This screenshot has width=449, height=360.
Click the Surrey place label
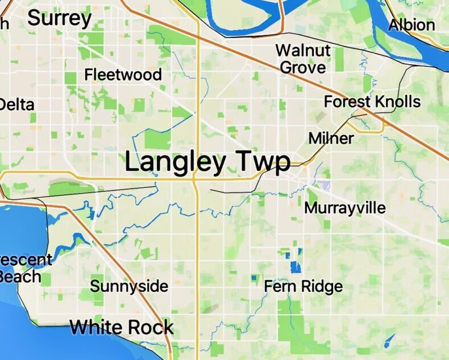[59, 18]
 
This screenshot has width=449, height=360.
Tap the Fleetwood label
[123, 74]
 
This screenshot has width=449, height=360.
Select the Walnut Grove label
[303, 58]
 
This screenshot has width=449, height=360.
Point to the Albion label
[412, 25]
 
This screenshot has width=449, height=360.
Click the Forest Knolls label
[372, 102]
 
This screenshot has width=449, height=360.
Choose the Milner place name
[331, 138]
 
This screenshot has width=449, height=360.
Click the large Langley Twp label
[207, 162]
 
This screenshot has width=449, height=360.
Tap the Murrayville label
[345, 207]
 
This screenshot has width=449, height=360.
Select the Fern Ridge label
[304, 286]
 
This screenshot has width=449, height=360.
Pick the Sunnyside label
[129, 286]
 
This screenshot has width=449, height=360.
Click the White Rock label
[122, 327]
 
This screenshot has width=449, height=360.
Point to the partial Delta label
[16, 104]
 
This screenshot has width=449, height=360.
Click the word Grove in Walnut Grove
[304, 67]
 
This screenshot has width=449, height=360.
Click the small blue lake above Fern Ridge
[294, 266]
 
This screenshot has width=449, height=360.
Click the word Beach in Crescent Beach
[20, 277]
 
